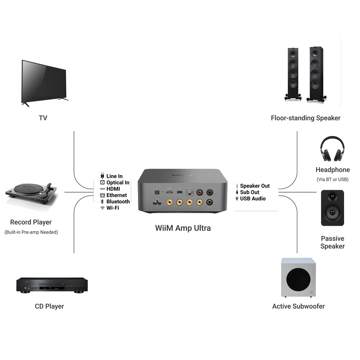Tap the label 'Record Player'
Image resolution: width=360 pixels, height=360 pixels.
pos(31,222)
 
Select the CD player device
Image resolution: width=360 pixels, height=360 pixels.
pos(52,285)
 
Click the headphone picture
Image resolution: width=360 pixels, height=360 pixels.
pos(332,149)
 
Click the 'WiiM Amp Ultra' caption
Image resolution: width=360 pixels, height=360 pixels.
pos(183,228)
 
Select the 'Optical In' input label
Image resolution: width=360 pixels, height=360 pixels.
pos(118,183)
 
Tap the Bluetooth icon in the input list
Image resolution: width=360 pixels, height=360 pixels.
pos(103,202)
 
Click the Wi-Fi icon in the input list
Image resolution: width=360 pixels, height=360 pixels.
pos(103,208)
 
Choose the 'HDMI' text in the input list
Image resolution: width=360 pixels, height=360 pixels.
pos(113,189)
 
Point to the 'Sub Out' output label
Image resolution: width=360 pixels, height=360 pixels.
pos(249,192)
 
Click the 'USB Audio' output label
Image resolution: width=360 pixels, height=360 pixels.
pos(253,198)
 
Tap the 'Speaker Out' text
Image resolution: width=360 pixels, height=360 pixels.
pos(255,186)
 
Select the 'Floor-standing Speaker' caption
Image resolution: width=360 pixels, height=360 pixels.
pos(306,118)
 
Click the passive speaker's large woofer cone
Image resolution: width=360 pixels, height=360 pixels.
pos(332,212)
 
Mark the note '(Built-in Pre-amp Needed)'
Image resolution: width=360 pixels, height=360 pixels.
pos(31,232)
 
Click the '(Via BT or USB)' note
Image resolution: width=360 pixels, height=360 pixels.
pos(332,179)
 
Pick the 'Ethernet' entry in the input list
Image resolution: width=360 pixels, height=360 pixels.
pos(117,195)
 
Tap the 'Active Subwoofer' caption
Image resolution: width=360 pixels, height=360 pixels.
pos(298,306)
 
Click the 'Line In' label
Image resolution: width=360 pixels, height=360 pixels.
pos(114,176)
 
